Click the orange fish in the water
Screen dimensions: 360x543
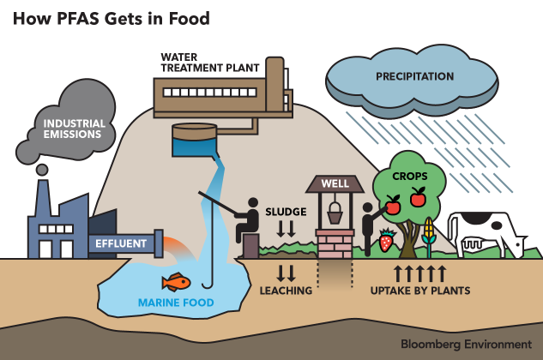coord(177,281)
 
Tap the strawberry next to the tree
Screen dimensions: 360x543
coord(386,241)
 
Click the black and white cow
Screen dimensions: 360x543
coord(486,232)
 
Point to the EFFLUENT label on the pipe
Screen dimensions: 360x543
coord(120,243)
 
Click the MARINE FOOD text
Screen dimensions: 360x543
coord(176,303)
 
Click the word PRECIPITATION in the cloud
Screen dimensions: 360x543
coord(414,77)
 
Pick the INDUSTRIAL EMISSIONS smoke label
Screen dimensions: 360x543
coord(75,129)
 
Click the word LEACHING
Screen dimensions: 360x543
coord(286,291)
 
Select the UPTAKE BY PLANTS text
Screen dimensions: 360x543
coord(419,291)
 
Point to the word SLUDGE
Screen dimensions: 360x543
coord(286,211)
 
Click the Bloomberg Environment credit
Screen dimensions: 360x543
coord(464,344)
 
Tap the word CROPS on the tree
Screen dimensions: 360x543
coord(409,176)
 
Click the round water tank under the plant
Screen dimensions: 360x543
coord(195,141)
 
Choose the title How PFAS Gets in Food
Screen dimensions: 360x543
coord(111,18)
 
